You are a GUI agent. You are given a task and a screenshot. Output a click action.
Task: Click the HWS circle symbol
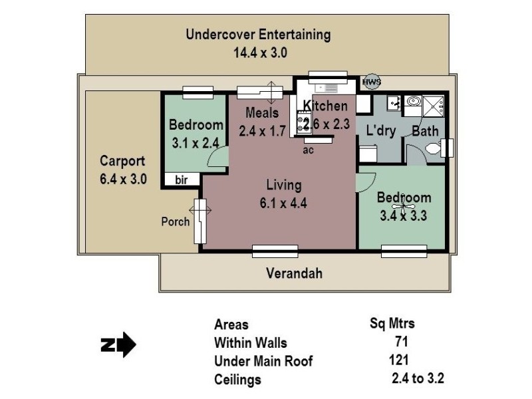point(371,82)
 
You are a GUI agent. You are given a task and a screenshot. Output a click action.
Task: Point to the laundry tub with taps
point(394,103)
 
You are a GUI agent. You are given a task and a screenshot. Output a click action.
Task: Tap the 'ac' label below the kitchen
point(308,150)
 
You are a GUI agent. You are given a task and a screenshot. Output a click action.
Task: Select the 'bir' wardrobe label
point(181,180)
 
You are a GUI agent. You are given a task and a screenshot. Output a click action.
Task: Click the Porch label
point(176,221)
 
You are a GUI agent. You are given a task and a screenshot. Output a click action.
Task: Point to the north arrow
point(118,345)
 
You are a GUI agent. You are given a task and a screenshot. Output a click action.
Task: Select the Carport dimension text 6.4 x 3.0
point(122,178)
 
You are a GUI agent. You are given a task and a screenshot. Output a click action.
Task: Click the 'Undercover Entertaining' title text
point(258,35)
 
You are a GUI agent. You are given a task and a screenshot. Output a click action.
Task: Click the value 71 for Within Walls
point(400,342)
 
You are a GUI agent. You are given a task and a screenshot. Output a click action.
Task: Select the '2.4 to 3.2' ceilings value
point(417,380)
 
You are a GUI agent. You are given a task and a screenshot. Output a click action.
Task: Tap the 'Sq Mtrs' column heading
point(392,324)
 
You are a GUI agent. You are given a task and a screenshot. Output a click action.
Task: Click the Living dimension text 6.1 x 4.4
point(284,203)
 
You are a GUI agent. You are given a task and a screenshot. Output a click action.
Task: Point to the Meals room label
point(261,112)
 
